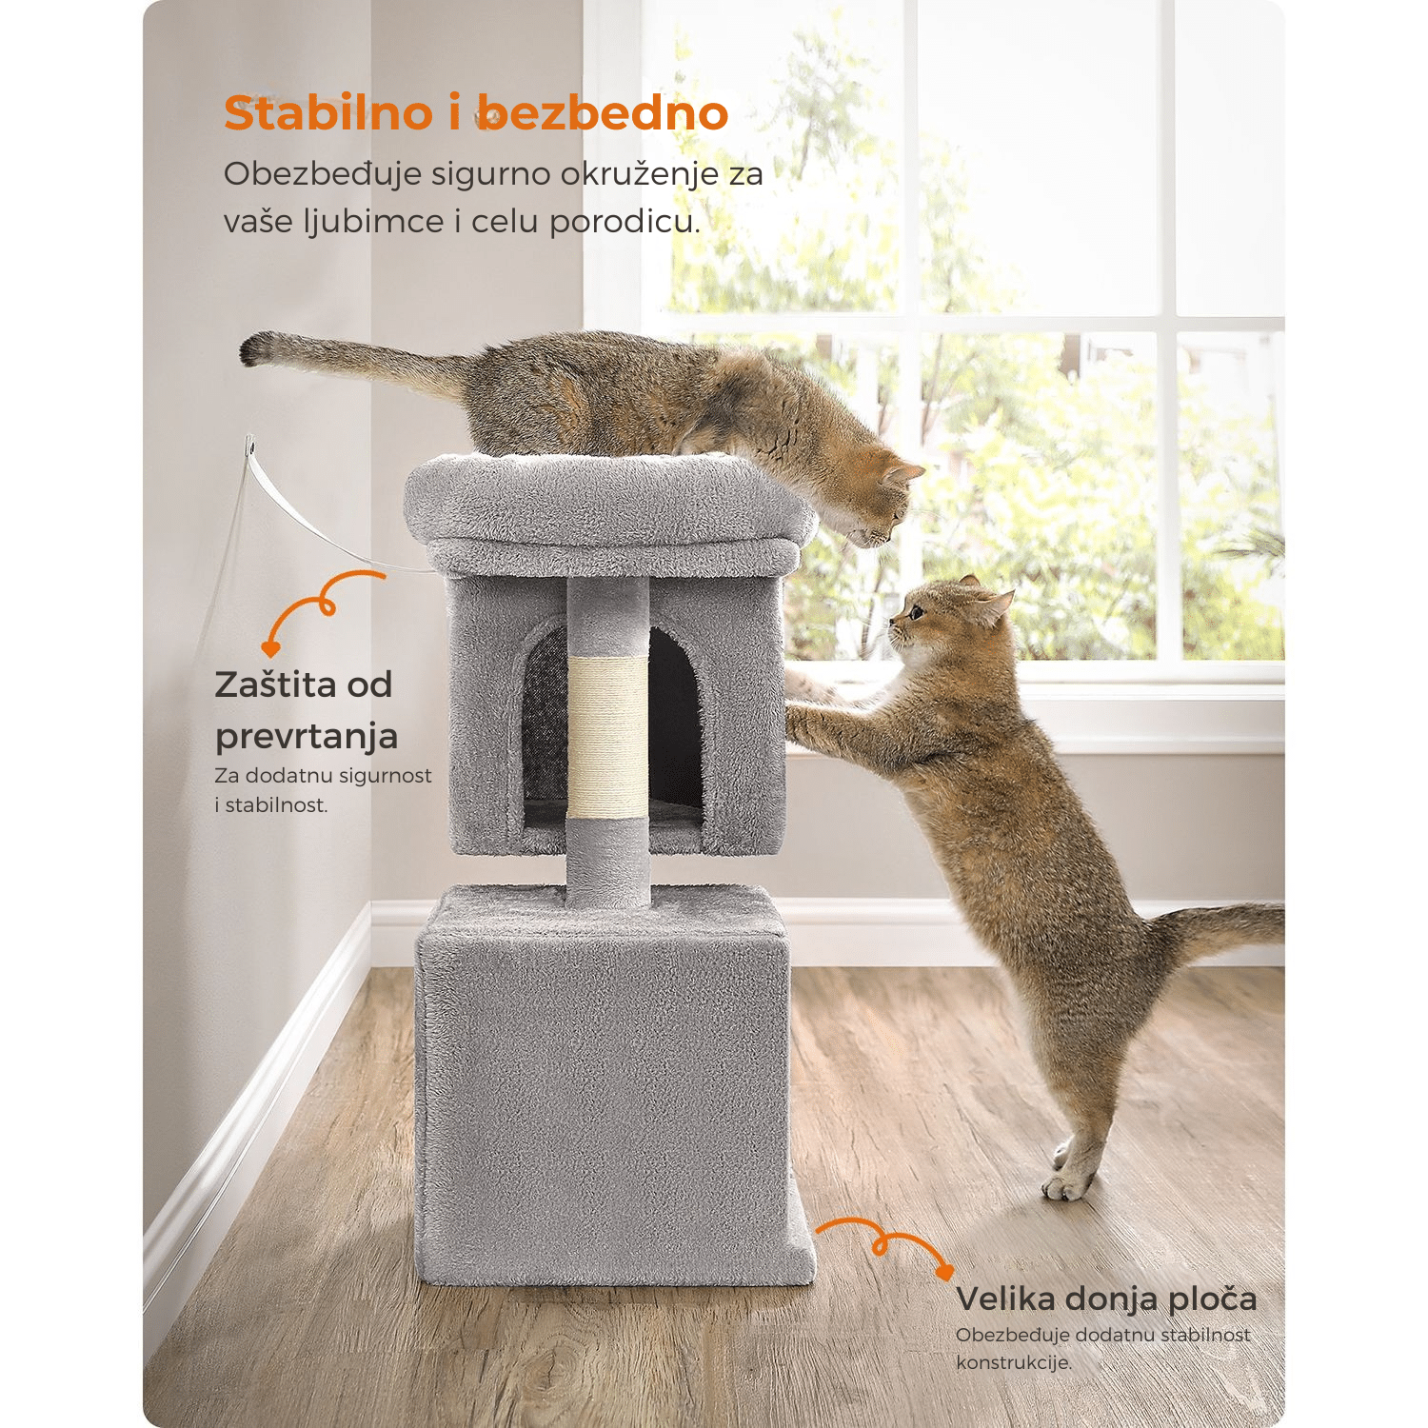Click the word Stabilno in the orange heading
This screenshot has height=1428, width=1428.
point(328,113)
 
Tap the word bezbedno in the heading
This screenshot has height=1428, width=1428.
point(603,113)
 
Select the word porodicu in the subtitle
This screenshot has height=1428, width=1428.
point(625,224)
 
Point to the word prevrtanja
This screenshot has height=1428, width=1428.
point(307,737)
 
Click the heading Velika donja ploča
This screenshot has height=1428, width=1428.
point(1106,1299)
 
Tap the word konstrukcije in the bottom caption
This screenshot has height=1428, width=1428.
point(1014,1362)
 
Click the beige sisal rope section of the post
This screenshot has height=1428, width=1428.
point(607,737)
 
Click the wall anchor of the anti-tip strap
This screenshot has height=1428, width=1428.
point(250,446)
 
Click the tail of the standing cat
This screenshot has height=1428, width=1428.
point(1219,925)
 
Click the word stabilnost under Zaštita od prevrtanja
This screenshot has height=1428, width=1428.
point(275,805)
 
